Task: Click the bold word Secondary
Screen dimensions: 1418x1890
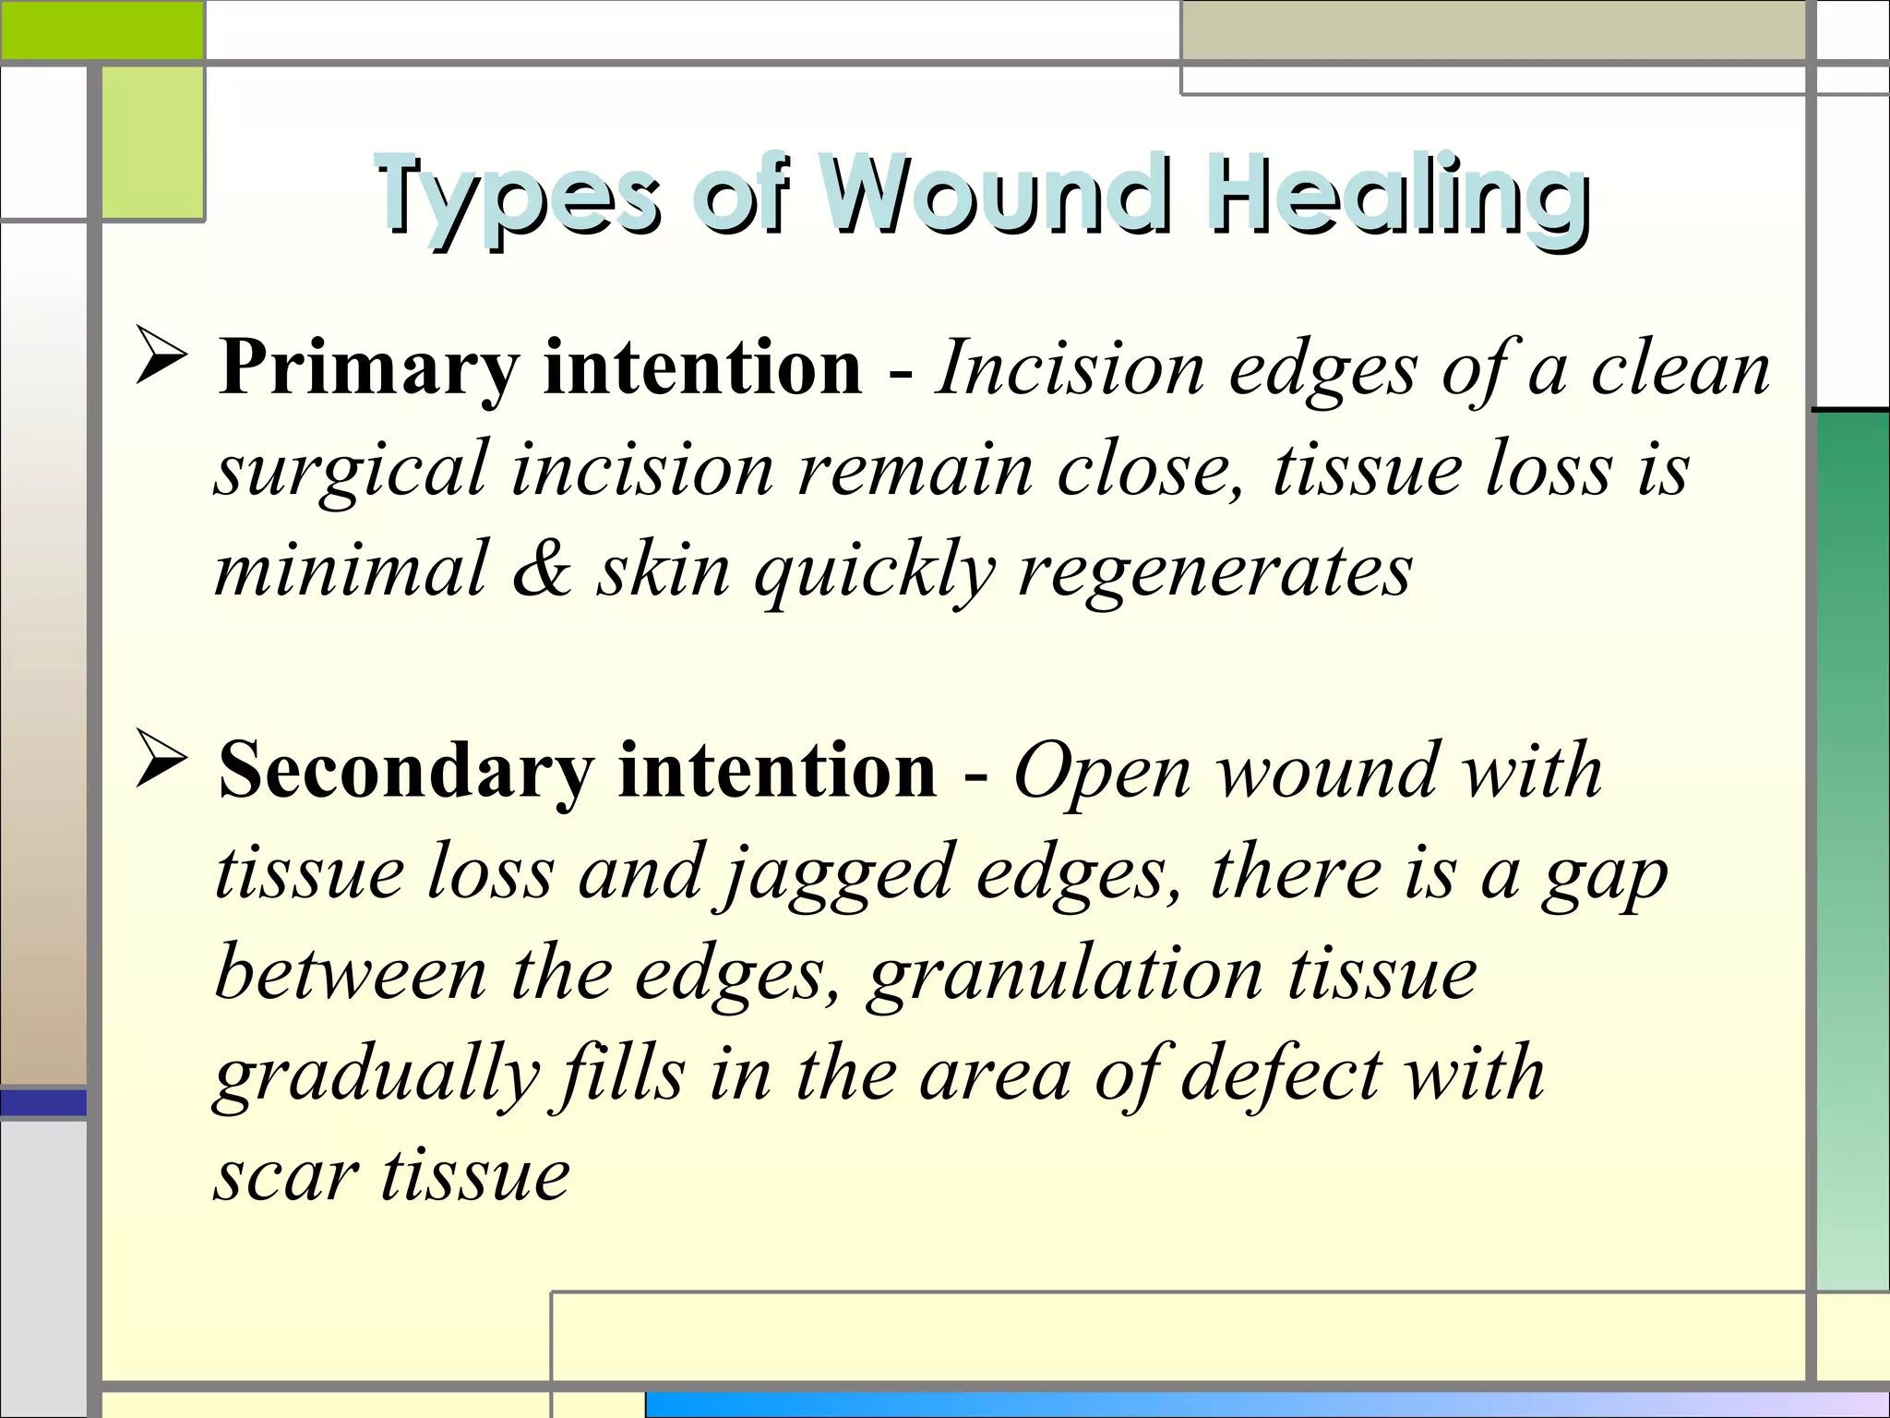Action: coord(406,772)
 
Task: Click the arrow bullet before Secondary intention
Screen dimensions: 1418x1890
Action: coord(162,759)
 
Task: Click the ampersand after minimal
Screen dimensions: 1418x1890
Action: coord(542,571)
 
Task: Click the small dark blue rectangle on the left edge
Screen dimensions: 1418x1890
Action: coord(43,1102)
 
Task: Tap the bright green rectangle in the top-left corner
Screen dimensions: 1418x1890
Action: coord(102,30)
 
